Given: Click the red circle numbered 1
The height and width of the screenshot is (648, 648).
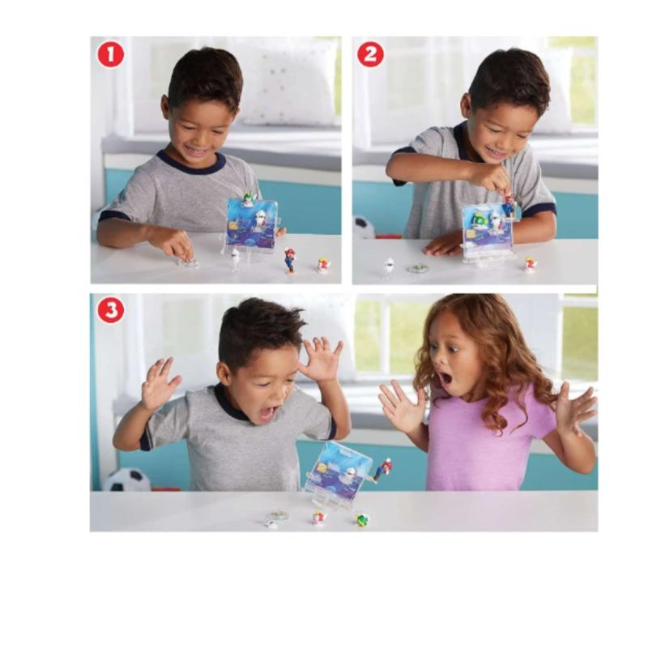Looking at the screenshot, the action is click(111, 55).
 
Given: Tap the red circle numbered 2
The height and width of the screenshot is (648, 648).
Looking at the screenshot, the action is click(370, 55).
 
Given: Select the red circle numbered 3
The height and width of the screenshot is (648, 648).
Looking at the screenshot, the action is click(111, 310).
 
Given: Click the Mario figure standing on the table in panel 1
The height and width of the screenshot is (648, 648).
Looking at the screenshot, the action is click(290, 260).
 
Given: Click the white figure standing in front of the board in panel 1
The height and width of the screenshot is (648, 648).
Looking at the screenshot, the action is click(236, 258).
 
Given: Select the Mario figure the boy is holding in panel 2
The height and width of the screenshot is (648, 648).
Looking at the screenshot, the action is click(509, 206).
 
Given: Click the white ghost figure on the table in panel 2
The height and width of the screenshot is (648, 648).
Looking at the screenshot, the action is click(389, 267).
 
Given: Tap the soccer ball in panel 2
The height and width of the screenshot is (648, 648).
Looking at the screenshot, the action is click(364, 228).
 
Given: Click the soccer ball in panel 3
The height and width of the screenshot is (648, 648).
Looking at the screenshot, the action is click(127, 480).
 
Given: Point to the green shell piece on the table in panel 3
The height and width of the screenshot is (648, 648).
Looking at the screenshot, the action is click(362, 519).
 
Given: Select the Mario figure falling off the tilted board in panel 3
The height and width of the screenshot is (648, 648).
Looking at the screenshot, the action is click(382, 470).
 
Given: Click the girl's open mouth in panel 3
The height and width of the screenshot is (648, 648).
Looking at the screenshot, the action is click(444, 377).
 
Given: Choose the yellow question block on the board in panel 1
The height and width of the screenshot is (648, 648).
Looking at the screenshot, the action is click(234, 227).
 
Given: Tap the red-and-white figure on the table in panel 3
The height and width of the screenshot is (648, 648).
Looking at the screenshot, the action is click(318, 518).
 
